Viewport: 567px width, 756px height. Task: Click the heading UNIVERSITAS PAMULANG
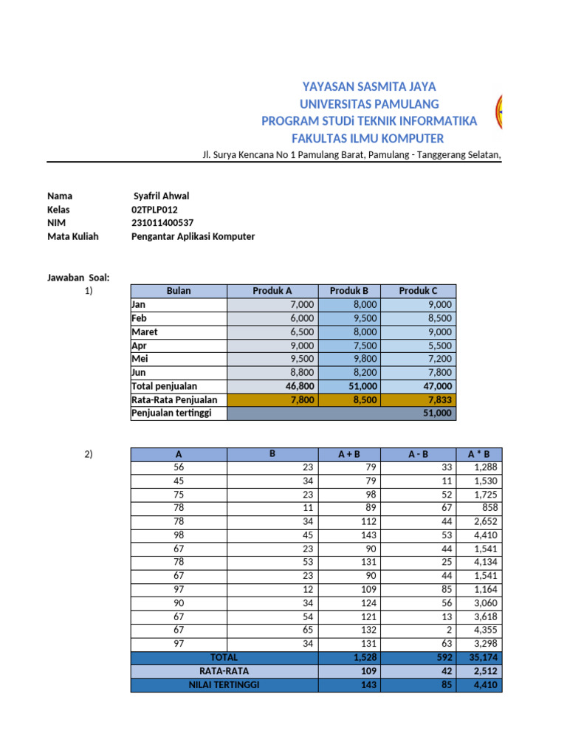369,103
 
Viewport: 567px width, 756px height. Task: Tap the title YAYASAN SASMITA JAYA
369,86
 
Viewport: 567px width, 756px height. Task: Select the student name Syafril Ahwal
161,196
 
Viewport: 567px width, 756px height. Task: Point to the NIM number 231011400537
162,223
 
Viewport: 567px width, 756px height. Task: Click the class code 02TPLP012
154,210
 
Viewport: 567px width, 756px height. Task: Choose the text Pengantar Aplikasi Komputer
193,236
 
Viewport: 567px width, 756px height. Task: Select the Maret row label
145,332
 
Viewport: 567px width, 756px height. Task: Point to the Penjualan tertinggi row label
171,413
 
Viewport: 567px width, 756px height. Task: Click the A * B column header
478,454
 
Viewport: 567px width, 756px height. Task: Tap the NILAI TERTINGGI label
224,684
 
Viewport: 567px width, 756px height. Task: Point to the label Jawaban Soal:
78,278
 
